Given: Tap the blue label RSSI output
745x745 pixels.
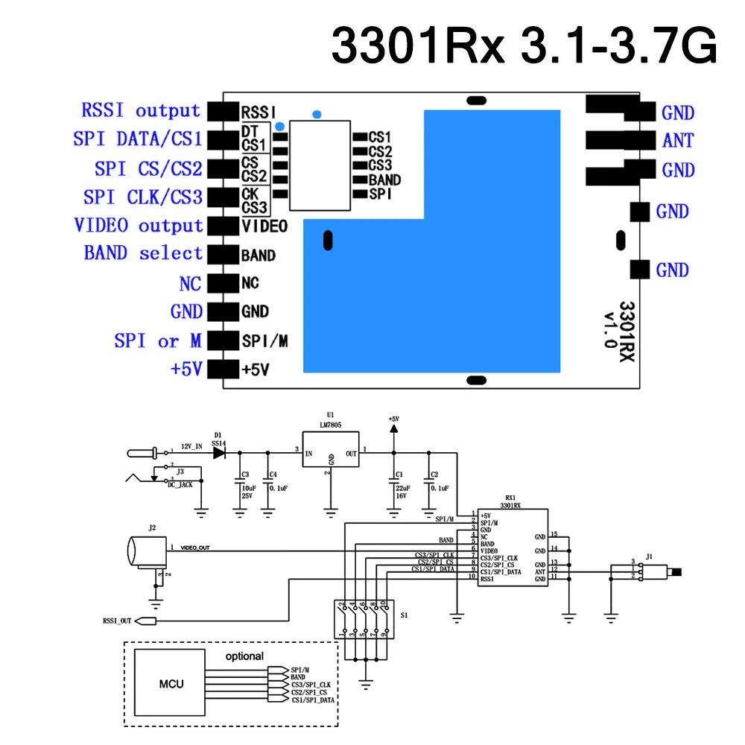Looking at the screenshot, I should [141, 111].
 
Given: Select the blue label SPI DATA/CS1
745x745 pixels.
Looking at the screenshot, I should [138, 139].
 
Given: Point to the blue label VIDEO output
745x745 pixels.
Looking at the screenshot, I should [139, 225].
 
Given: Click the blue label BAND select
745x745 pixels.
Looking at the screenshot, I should [143, 253].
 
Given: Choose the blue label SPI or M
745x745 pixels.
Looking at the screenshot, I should [158, 340].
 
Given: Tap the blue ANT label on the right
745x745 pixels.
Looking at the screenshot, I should [677, 140].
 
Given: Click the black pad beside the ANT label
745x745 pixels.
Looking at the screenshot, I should [613, 140].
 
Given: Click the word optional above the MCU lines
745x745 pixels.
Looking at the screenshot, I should [244, 656].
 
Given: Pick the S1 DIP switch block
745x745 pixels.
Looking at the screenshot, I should [363, 619].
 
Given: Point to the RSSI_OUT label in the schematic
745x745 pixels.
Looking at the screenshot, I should [116, 619].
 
